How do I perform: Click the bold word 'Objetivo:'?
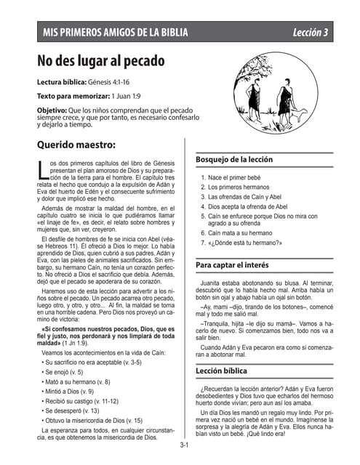[x=57, y=109]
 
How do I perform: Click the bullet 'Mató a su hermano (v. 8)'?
[x=78, y=381]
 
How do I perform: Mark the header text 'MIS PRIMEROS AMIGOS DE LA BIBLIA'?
[x=115, y=33]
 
